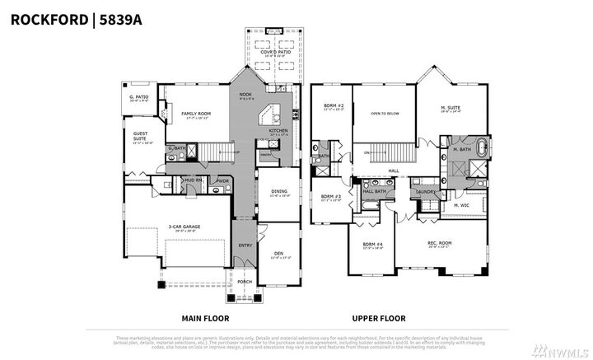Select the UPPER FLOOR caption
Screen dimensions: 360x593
point(380,317)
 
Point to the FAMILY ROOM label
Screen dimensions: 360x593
point(196,114)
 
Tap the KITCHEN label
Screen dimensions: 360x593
point(278,130)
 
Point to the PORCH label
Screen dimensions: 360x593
point(245,281)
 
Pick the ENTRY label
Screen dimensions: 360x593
point(245,245)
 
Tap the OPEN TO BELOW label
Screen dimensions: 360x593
point(385,114)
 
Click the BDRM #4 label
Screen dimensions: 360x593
point(373,245)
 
